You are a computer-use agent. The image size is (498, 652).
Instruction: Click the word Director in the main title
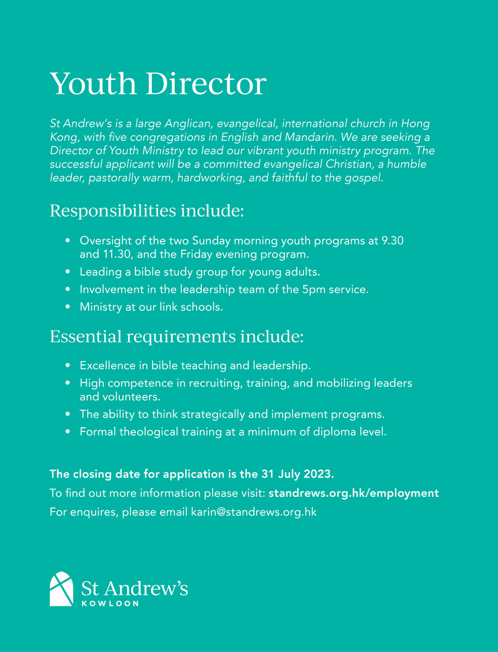[206, 84]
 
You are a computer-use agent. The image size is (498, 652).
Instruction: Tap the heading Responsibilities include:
[146, 211]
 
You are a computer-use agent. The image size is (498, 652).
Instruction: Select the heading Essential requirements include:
[176, 336]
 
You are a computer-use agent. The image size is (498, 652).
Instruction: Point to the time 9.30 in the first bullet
[392, 241]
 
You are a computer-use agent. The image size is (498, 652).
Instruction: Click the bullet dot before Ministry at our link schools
[68, 307]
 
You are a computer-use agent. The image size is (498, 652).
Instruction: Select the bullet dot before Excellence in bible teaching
[68, 366]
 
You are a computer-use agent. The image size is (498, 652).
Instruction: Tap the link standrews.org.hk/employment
[353, 493]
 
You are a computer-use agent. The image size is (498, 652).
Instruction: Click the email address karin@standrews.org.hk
[254, 512]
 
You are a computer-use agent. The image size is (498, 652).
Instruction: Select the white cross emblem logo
[61, 589]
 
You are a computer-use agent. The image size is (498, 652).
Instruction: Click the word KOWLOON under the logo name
[110, 604]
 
